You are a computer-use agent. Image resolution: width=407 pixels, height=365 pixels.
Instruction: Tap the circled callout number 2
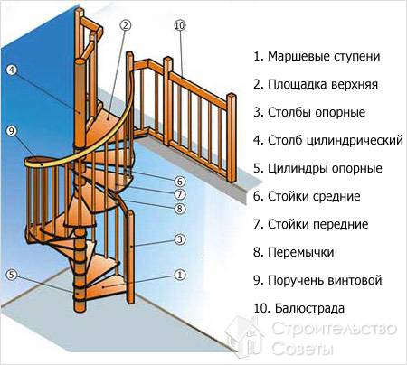(125, 25)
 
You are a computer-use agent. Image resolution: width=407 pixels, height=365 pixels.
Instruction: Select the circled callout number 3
(179, 239)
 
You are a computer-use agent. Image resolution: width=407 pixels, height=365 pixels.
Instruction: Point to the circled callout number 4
(13, 70)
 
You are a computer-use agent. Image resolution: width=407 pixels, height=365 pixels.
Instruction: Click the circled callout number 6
(179, 181)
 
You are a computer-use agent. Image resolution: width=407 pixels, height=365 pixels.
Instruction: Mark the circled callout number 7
(179, 194)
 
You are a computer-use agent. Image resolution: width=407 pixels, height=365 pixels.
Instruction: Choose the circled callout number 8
(179, 209)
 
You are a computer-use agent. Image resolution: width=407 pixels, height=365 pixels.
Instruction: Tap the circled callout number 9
(13, 130)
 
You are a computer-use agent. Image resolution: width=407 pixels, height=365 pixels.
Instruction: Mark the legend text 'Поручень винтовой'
(324, 280)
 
